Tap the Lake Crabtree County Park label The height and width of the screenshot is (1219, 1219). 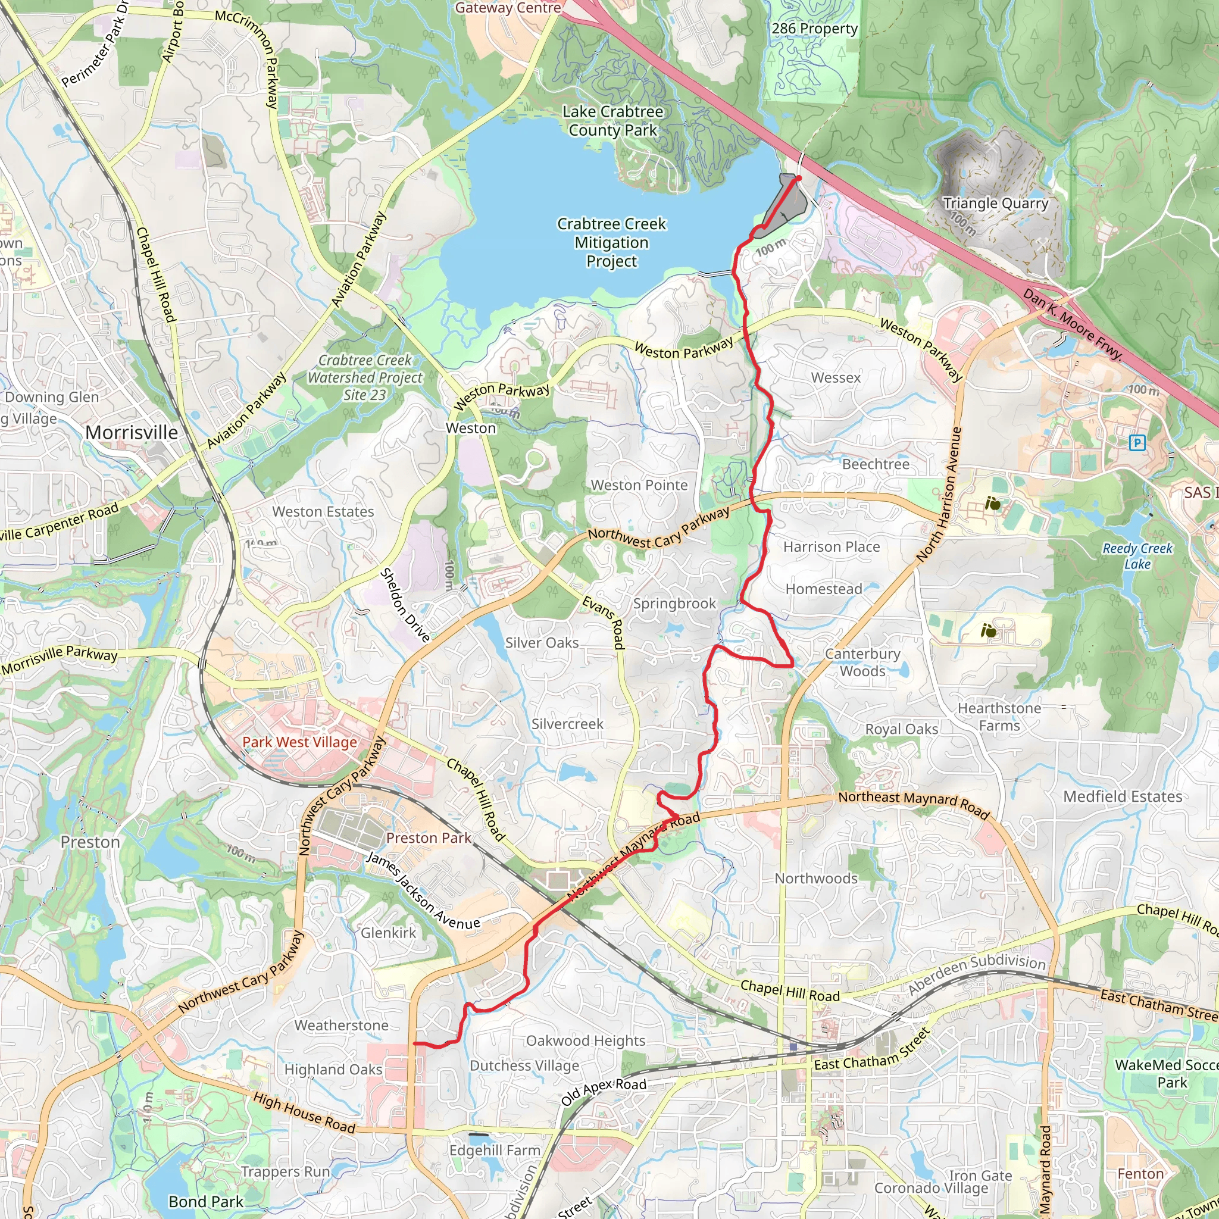coord(612,121)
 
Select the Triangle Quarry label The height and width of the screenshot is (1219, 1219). coord(995,203)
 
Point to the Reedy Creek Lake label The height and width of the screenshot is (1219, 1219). coord(1137,556)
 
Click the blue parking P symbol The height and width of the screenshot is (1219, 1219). coord(1137,443)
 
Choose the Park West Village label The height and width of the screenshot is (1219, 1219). coord(300,742)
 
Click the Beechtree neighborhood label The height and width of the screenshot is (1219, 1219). coord(876,464)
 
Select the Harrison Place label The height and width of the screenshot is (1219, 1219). coord(831,547)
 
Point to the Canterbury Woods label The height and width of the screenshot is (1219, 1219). coord(862,662)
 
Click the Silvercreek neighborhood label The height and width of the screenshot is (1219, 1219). coord(567,724)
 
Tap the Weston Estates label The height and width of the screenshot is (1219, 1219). coord(323,512)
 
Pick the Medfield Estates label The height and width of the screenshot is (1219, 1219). coord(1123,797)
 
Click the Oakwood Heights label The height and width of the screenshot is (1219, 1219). coord(586,1040)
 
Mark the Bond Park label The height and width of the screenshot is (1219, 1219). coord(206,1201)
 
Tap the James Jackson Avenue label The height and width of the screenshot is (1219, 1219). coord(423,892)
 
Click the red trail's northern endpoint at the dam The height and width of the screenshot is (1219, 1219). coord(798,179)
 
